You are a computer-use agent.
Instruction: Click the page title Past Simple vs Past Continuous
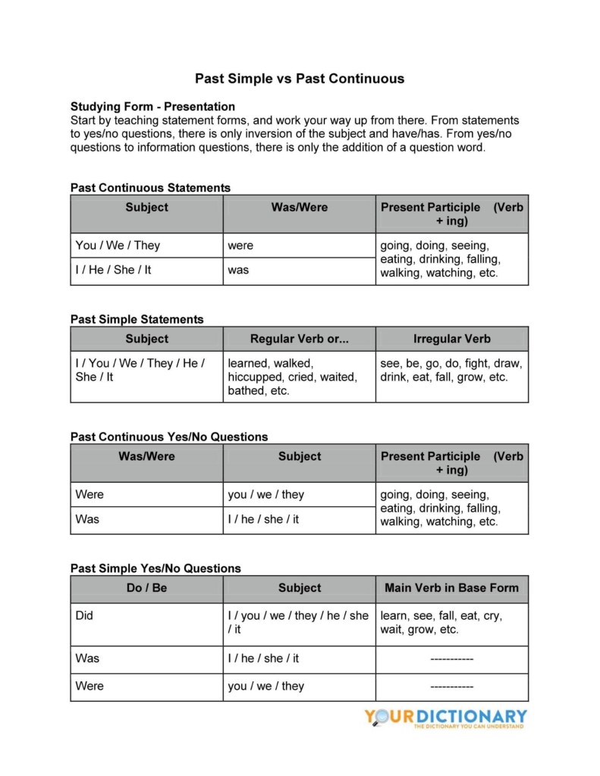point(300,78)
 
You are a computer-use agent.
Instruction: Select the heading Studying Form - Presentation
point(152,106)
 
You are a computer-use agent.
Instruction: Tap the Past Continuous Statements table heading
point(150,187)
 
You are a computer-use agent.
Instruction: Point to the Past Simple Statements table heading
point(137,319)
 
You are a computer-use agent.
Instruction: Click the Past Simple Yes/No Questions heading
point(155,568)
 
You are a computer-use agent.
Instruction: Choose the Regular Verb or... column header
point(299,339)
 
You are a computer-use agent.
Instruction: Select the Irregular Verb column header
point(451,339)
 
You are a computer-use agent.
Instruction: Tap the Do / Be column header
point(146,587)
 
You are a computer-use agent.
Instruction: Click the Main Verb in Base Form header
point(451,587)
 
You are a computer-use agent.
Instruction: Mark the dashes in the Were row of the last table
point(451,686)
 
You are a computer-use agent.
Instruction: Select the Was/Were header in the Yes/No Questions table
point(146,456)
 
